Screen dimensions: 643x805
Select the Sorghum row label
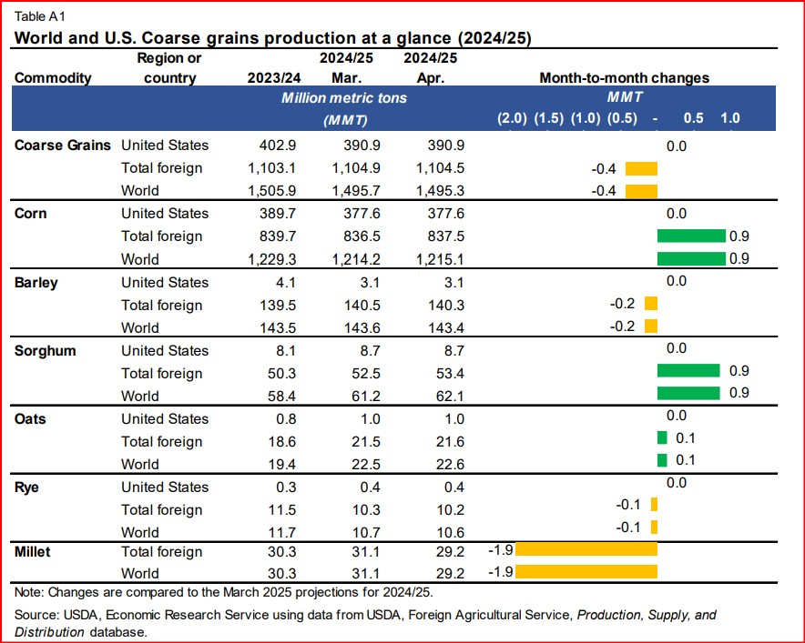point(44,350)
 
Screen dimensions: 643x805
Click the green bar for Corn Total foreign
point(690,236)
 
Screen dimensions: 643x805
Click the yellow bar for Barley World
point(650,327)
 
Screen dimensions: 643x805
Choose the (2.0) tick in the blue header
point(511,118)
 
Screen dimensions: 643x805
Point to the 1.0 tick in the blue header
point(729,118)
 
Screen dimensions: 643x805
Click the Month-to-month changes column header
point(624,77)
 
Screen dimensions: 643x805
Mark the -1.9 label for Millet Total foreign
point(500,550)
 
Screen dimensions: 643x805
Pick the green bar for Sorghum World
point(690,392)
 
